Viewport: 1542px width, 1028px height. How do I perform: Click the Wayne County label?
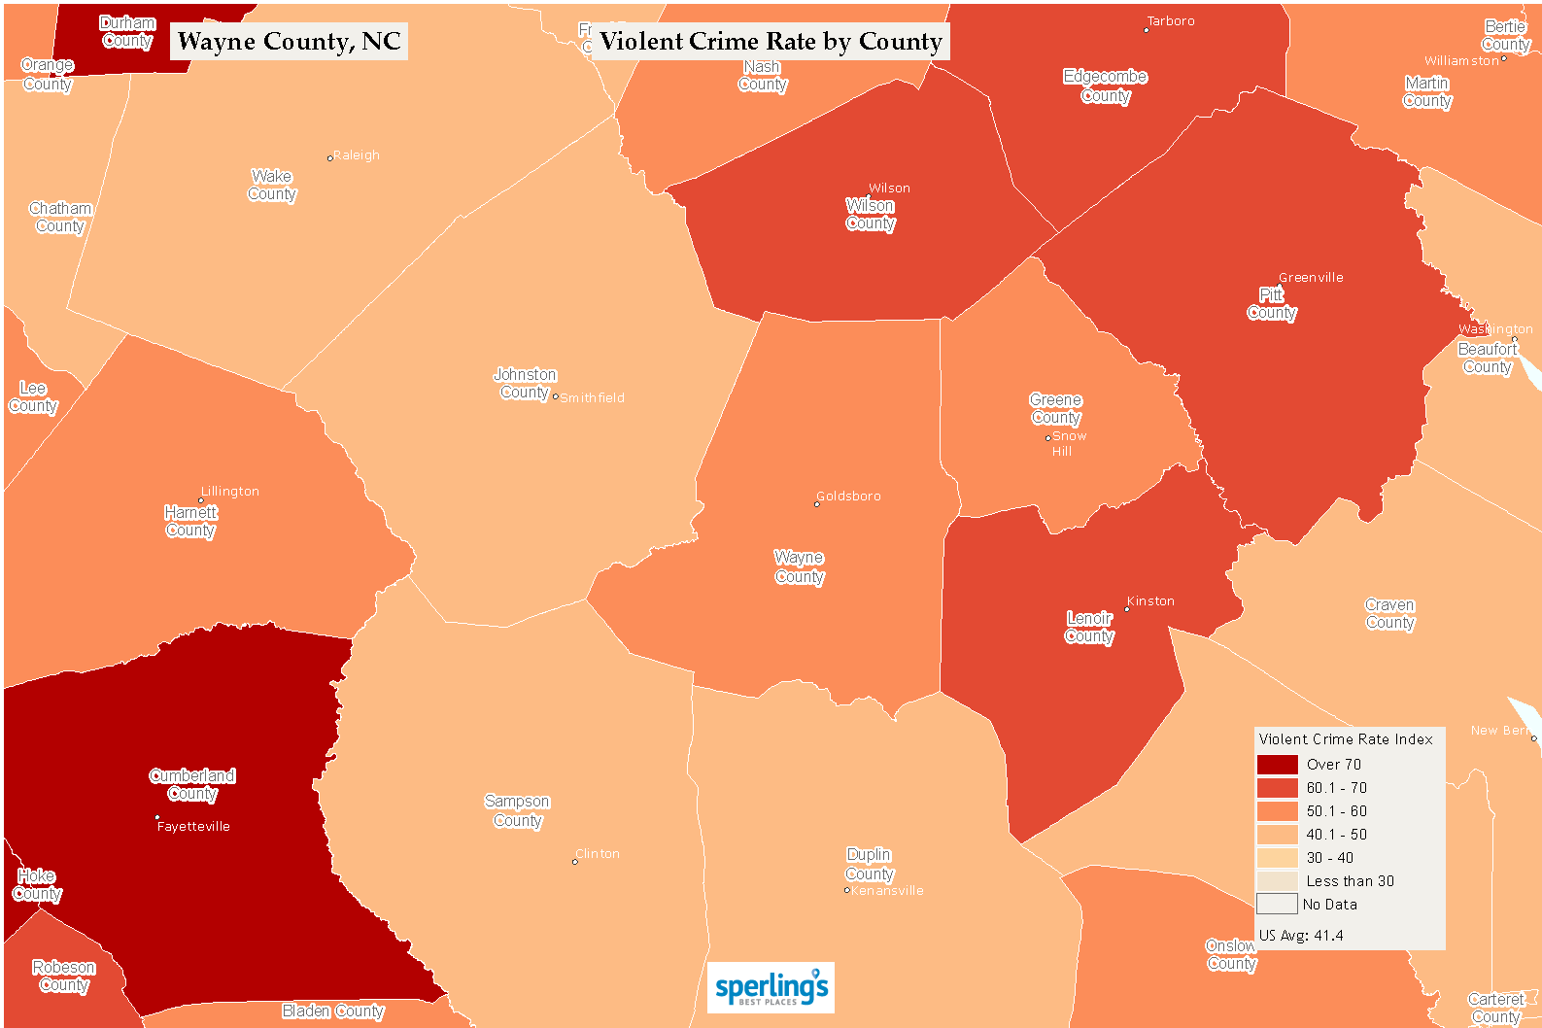click(x=799, y=567)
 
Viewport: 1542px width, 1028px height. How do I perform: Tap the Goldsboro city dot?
click(x=816, y=504)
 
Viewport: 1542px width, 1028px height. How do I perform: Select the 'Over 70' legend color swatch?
click(x=1277, y=765)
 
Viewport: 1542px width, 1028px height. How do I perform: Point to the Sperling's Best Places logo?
click(x=771, y=988)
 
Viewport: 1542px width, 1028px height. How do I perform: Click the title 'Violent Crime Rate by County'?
click(x=771, y=42)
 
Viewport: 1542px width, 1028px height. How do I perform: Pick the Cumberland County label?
click(x=192, y=785)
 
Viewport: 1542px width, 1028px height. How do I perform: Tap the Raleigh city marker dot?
click(x=330, y=157)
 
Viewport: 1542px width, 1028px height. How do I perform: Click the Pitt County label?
click(x=1272, y=303)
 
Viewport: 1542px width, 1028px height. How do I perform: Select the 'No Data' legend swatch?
click(x=1277, y=905)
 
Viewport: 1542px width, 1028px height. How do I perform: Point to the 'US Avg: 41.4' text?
click(x=1301, y=936)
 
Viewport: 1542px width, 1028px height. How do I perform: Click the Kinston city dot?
click(x=1127, y=609)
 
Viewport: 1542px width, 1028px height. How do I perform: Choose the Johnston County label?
click(x=525, y=384)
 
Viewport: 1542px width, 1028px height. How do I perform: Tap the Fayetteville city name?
click(x=193, y=827)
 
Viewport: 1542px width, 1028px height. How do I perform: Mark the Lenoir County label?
click(x=1089, y=628)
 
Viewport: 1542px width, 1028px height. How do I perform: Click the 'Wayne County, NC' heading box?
click(x=289, y=42)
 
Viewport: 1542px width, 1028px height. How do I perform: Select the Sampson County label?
click(x=517, y=811)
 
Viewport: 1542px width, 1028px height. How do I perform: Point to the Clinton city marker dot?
click(x=574, y=862)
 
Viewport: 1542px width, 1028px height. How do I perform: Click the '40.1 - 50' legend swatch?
click(x=1277, y=835)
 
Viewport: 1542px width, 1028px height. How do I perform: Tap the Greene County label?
click(x=1055, y=409)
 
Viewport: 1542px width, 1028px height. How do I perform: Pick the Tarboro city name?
click(x=1171, y=21)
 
